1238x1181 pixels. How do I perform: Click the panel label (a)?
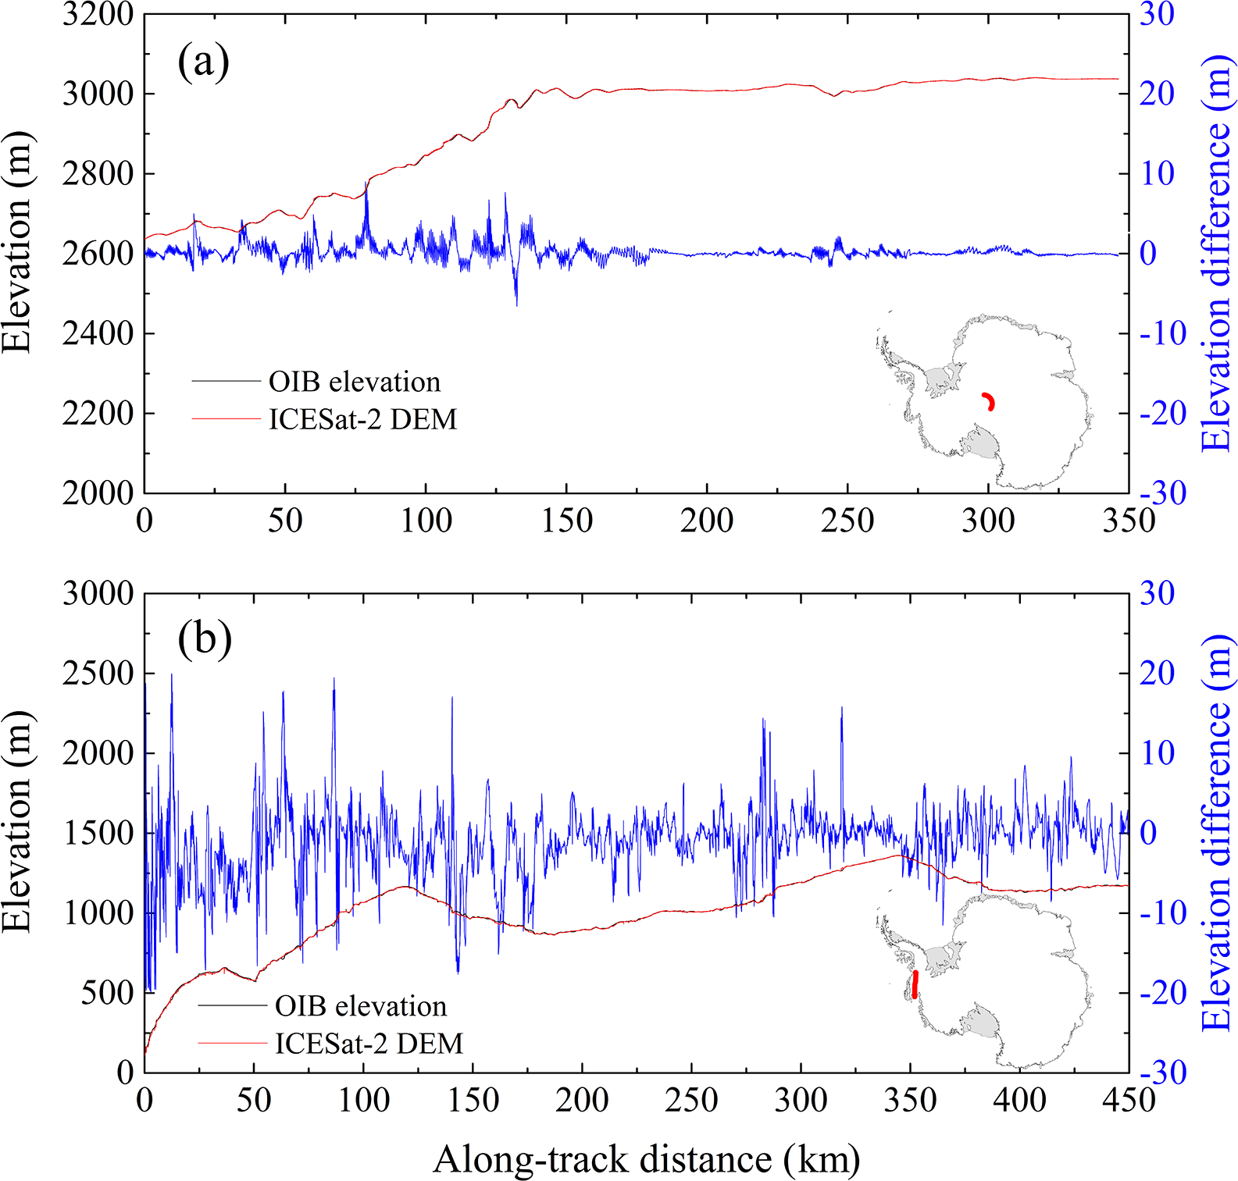203,62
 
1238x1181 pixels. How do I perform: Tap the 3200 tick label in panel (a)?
98,14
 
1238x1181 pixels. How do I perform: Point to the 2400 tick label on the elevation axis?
98,333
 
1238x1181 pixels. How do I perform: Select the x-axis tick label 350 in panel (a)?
1128,521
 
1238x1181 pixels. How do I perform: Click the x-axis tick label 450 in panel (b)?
1128,1100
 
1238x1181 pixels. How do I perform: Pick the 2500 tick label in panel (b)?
98,673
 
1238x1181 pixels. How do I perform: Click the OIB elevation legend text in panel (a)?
355,382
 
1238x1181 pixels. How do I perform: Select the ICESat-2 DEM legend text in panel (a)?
362,419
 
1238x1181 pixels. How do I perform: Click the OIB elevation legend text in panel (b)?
361,1006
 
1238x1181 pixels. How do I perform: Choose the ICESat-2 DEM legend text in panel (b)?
369,1044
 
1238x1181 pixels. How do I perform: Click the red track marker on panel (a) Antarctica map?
989,401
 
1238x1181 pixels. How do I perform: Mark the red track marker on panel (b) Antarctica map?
915,984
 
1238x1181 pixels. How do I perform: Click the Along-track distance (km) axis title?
647,1159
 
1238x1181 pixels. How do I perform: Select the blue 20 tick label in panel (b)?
1157,673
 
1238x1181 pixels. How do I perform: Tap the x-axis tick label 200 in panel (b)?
582,1100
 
